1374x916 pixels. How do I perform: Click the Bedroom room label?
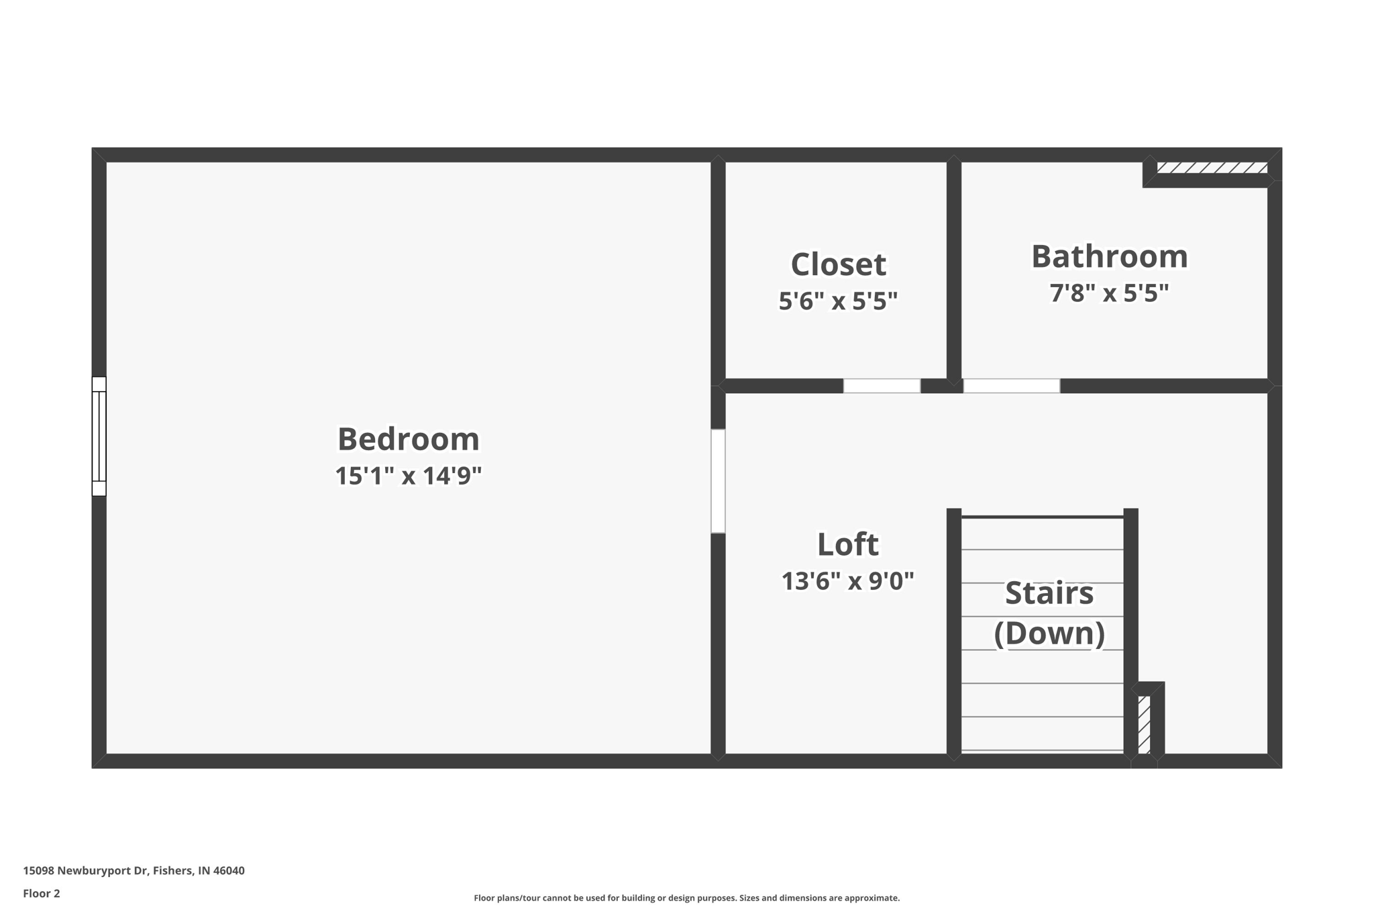(x=408, y=440)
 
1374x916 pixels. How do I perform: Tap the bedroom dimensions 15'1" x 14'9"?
(x=408, y=476)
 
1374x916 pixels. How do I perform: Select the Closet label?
(x=838, y=264)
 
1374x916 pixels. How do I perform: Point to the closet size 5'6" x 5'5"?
(x=838, y=301)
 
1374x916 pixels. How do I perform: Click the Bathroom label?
(x=1109, y=256)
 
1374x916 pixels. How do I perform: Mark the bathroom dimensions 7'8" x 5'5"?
(x=1109, y=293)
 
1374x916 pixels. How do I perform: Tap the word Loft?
(x=847, y=544)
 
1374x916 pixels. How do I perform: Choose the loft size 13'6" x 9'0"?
(x=847, y=581)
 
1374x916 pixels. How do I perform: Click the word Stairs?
(x=1049, y=593)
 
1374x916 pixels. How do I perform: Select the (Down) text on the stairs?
(x=1049, y=633)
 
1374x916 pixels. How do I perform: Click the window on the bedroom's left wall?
(x=99, y=436)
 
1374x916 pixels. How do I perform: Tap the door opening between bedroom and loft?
(x=718, y=481)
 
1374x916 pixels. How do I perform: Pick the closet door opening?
(x=882, y=386)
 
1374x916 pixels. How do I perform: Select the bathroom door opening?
(x=1011, y=386)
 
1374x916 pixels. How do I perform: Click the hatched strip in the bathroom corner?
(x=1212, y=168)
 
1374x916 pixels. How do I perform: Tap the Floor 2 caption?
(x=42, y=893)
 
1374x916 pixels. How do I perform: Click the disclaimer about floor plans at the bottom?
(x=686, y=898)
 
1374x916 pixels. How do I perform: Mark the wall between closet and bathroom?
(x=954, y=268)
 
